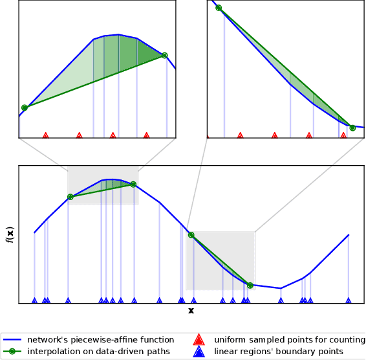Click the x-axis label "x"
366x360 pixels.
coord(191,311)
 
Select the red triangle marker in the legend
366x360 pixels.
coord(199,340)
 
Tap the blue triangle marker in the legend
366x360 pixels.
coord(199,352)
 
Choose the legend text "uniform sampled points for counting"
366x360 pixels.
coord(285,340)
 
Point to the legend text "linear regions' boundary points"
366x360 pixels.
coord(279,352)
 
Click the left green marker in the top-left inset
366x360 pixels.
coord(25,107)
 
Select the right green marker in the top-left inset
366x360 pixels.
coord(164,56)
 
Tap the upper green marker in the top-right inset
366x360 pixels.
coord(219,8)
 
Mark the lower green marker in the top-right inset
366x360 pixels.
coord(352,128)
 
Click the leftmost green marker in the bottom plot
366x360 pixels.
coord(70,197)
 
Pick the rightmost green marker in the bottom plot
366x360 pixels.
coord(250,285)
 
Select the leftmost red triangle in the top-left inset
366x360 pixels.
coord(45,136)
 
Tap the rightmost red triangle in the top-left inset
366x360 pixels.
coord(146,136)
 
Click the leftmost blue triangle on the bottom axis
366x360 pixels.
coord(34,300)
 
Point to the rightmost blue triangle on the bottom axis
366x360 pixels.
coord(349,300)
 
